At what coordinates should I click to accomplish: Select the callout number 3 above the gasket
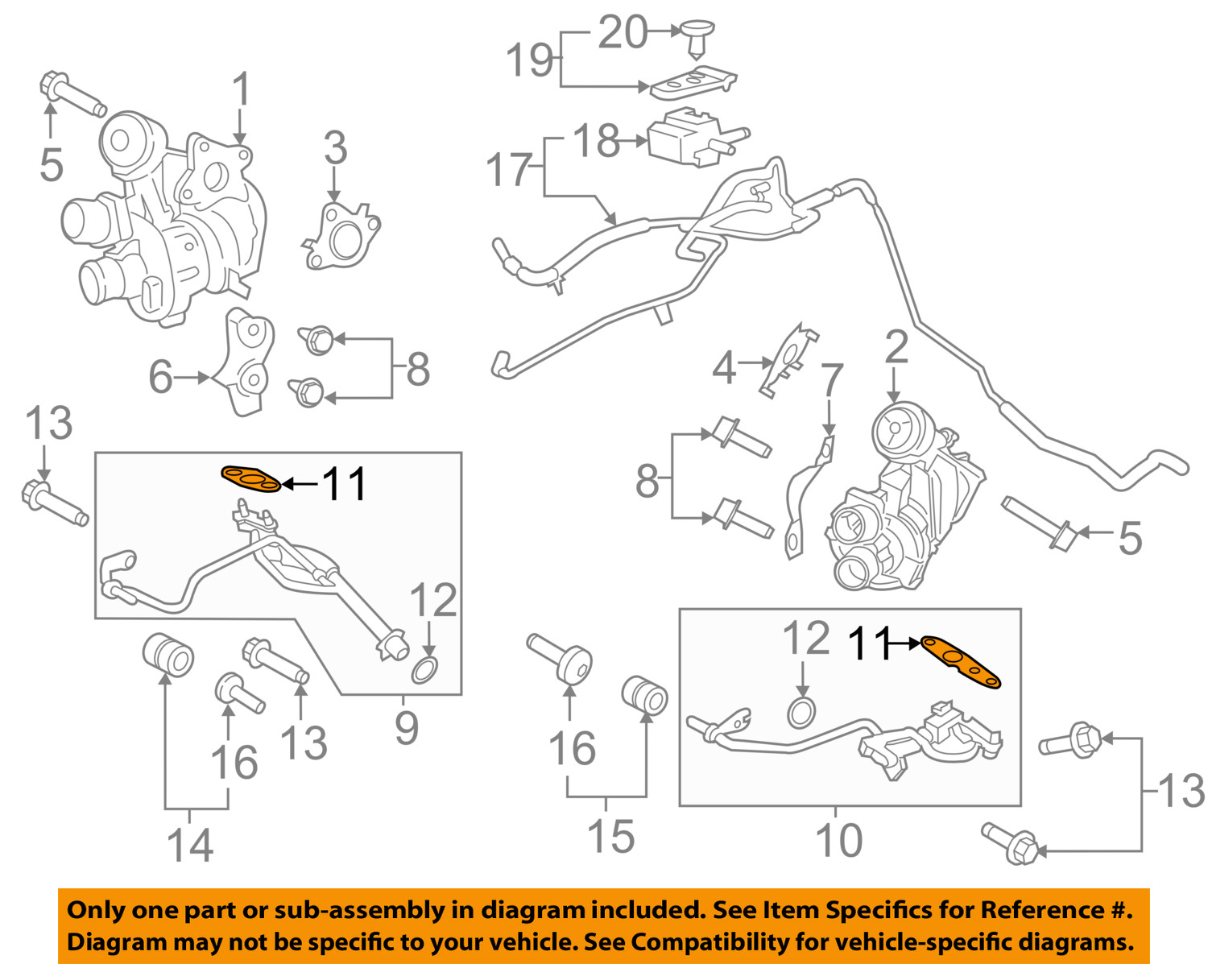pos(335,148)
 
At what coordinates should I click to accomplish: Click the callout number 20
pos(623,33)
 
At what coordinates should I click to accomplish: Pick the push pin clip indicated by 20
pos(697,36)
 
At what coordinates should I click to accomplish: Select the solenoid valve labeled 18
pos(689,143)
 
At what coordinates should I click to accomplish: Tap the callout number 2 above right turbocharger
pos(896,348)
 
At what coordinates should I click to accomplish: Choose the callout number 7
pos(831,383)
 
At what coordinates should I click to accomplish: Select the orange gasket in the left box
pos(251,479)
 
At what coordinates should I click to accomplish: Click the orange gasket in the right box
pos(960,661)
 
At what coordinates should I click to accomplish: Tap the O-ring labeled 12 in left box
pos(425,668)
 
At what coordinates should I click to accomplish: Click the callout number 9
pos(407,727)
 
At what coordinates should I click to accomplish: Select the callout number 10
pos(838,840)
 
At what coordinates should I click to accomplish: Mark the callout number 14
pos(190,844)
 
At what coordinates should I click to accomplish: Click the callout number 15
pos(610,835)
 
